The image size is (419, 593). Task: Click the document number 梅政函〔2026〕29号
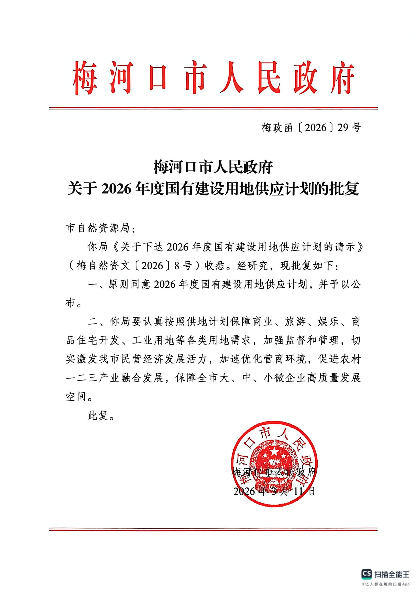coord(311,127)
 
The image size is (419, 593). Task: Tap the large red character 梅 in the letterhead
coord(85,78)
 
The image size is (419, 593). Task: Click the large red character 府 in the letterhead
coord(342,78)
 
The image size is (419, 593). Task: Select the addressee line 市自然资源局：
coord(101,228)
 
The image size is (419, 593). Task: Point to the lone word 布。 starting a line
coord(74,303)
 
